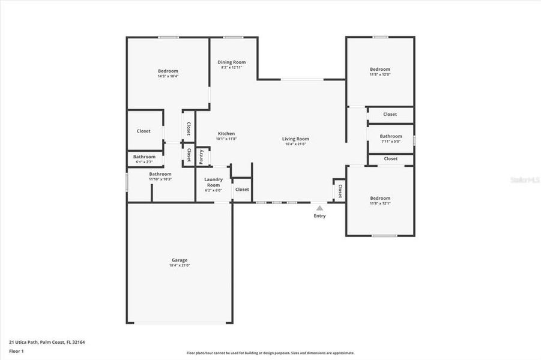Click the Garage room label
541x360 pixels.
(x=180, y=260)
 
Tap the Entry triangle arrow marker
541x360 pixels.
(x=319, y=208)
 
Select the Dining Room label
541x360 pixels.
(x=231, y=62)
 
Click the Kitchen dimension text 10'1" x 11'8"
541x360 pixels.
(x=226, y=139)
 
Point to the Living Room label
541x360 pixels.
(x=295, y=139)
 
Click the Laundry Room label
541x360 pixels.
(x=214, y=182)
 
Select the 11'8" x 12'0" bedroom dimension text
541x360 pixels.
(x=379, y=74)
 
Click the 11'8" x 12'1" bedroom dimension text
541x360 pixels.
(x=379, y=203)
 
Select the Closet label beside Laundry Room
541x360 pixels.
(x=242, y=190)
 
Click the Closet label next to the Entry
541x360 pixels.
(x=340, y=191)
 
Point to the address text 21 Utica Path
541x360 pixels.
(x=47, y=342)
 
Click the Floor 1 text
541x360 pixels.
(x=16, y=351)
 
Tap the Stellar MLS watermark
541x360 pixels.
(x=524, y=179)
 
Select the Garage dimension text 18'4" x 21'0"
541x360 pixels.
(x=180, y=266)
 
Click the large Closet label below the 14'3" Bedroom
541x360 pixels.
(x=144, y=131)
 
